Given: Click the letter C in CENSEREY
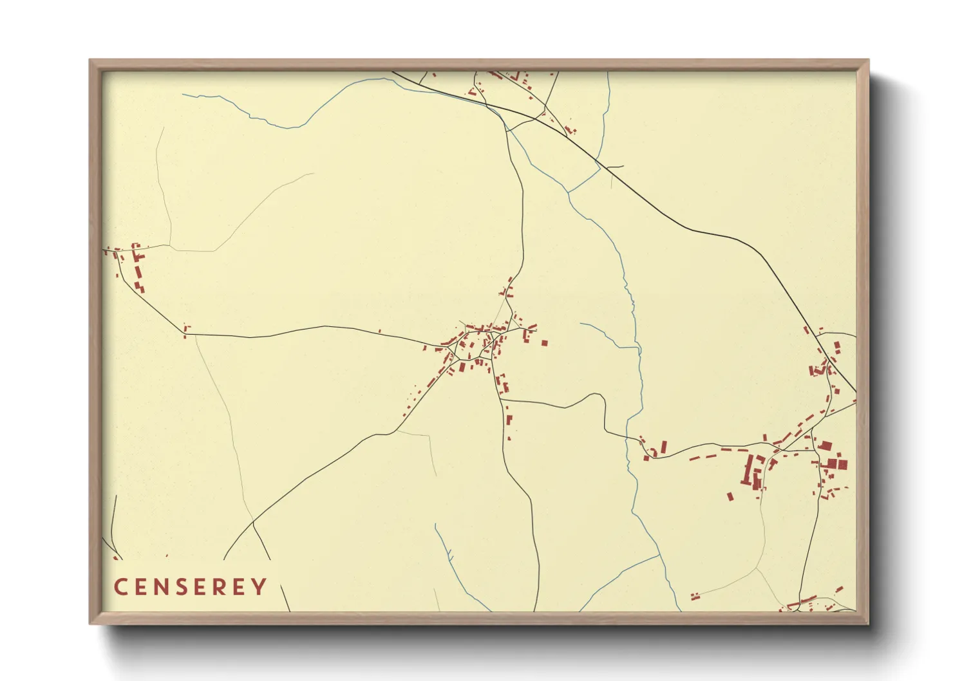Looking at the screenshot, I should click(120, 587).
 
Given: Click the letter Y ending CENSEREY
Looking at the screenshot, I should click(259, 587).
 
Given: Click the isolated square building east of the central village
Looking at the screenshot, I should click(544, 343).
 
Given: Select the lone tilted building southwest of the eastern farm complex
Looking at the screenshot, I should click(730, 496).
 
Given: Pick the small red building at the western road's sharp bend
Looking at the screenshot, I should click(186, 331).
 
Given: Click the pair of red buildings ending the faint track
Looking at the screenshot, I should click(695, 597).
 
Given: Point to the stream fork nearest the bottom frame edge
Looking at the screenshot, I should click(659, 555).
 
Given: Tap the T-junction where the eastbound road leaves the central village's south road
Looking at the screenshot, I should click(501, 400).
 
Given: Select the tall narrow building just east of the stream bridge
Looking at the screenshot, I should click(664, 446).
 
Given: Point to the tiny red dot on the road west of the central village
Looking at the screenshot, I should click(379, 331).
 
